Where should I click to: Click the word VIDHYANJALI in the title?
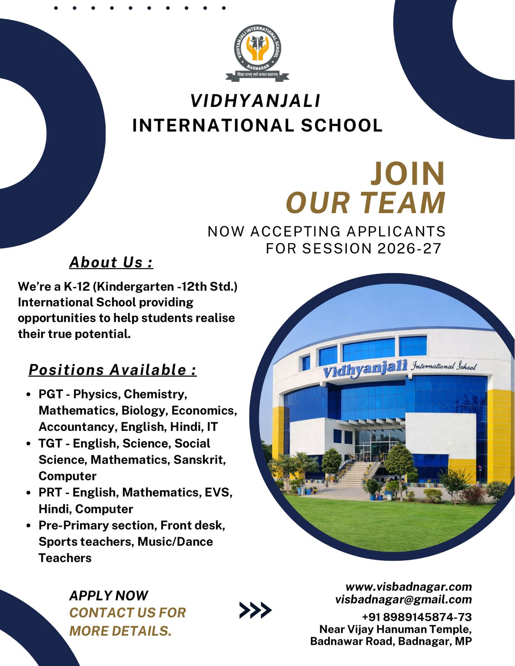[255, 101]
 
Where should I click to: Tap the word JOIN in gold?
[408, 174]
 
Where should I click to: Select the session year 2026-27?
[409, 249]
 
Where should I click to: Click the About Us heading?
[111, 262]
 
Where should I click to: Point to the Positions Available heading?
[112, 370]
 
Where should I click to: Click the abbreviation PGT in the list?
[50, 394]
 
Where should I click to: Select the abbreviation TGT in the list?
[50, 443]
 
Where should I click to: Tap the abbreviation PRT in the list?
[50, 492]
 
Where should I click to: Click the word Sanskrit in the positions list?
[199, 460]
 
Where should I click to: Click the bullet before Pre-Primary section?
[28, 526]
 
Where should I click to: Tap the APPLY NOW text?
[109, 596]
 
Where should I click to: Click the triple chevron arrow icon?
[255, 610]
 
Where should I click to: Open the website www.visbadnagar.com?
[409, 586]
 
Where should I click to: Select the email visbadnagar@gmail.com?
[403, 599]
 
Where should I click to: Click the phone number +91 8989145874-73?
[417, 617]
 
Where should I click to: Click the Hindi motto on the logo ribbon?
[257, 75]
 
